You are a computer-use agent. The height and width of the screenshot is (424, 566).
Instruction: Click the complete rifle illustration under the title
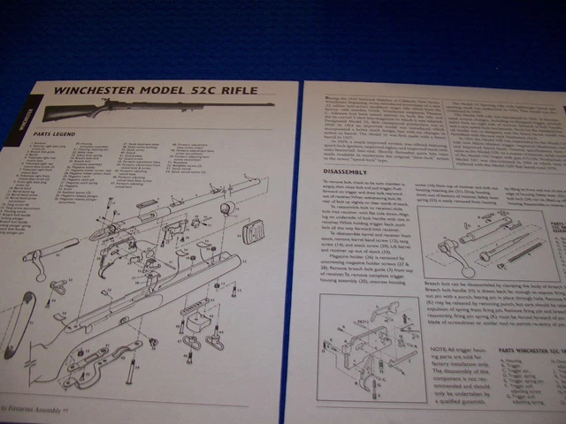point(115,112)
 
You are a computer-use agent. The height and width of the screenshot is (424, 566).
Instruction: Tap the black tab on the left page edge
point(24,115)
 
